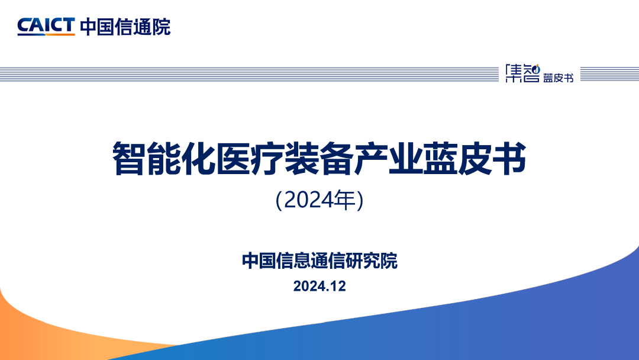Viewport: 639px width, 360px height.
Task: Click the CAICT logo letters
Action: tap(46, 25)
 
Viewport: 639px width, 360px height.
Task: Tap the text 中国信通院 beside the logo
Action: tap(125, 27)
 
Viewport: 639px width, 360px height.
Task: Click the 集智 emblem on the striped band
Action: tap(522, 73)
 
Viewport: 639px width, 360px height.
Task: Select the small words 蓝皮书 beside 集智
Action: tap(559, 78)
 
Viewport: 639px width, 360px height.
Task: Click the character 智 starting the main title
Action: tap(128, 158)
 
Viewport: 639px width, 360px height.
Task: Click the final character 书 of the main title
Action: tap(509, 158)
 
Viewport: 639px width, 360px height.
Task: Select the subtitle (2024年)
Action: tap(319, 200)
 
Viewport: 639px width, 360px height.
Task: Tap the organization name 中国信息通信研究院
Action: tap(319, 261)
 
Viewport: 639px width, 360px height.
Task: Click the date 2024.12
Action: tap(319, 286)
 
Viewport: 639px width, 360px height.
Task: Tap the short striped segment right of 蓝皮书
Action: tap(609, 74)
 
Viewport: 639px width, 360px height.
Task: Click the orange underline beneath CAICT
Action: tap(46, 35)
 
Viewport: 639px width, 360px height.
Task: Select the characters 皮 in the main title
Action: tap(475, 158)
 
